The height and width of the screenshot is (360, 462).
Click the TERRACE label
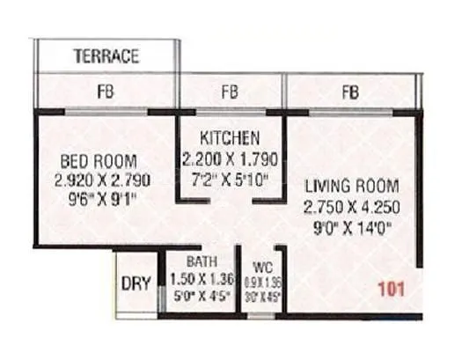click(106, 57)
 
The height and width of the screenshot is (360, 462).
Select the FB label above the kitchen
click(231, 91)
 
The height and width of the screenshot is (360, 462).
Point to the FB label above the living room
click(350, 91)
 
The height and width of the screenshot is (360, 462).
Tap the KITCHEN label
click(230, 139)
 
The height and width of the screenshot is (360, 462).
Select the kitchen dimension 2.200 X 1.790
click(231, 159)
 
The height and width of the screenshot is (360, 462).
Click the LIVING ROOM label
click(352, 187)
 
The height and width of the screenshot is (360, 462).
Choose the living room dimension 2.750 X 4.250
click(352, 208)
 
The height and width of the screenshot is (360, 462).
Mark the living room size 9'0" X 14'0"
click(352, 227)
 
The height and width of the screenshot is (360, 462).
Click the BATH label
click(201, 261)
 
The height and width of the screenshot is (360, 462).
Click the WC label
click(261, 265)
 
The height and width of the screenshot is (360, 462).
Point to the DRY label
click(135, 284)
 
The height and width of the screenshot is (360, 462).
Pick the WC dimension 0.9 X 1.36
click(261, 281)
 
